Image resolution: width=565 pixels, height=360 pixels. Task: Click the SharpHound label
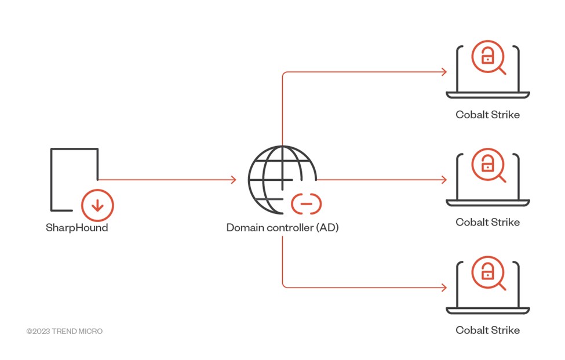(76, 228)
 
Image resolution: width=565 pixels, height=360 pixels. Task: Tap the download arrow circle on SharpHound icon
(97, 205)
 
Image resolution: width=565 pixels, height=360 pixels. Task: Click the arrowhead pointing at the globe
(233, 180)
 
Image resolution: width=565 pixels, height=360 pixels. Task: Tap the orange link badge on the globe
(306, 203)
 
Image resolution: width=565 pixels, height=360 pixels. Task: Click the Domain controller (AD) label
(282, 228)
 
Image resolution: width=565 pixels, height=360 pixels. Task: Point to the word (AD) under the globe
(327, 228)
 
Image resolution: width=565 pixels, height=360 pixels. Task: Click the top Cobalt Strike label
(487, 115)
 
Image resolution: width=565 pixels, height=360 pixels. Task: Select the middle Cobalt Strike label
(487, 223)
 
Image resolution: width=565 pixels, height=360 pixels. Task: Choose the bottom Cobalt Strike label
(487, 330)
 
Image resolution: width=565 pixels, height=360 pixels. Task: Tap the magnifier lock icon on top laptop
(488, 57)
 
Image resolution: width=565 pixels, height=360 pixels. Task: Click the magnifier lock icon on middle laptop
(488, 165)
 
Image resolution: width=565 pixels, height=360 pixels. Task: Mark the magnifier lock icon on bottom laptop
(488, 273)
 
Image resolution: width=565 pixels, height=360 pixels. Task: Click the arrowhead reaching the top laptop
(443, 72)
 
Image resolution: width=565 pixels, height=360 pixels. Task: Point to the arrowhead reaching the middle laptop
(443, 180)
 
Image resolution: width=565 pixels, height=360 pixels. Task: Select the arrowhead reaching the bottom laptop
(443, 288)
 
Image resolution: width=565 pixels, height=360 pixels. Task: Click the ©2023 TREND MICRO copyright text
(64, 331)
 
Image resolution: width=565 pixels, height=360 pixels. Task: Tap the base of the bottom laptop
(487, 310)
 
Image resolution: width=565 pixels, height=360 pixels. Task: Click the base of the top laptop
(487, 94)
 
